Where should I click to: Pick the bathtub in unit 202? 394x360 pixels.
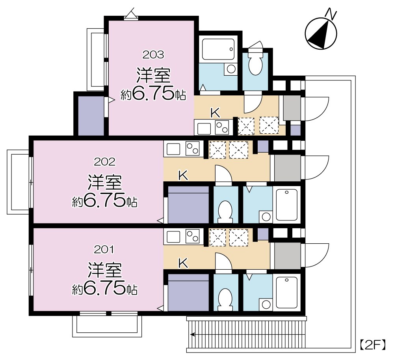coord(287,205)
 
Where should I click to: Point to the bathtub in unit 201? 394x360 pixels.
coord(287,292)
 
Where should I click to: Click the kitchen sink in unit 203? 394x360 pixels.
coord(204,129)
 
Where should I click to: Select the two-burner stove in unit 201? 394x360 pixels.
coord(192,237)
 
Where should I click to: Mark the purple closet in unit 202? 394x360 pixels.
coord(188,209)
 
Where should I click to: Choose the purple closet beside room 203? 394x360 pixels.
coord(91,114)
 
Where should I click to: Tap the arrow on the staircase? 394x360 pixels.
coord(193,335)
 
